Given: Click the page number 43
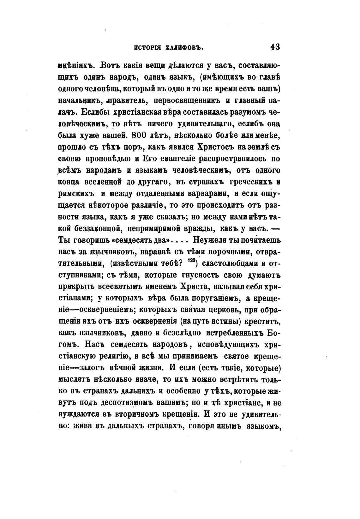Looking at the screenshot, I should (275, 47).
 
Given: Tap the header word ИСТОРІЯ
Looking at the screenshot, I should (148, 48).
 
